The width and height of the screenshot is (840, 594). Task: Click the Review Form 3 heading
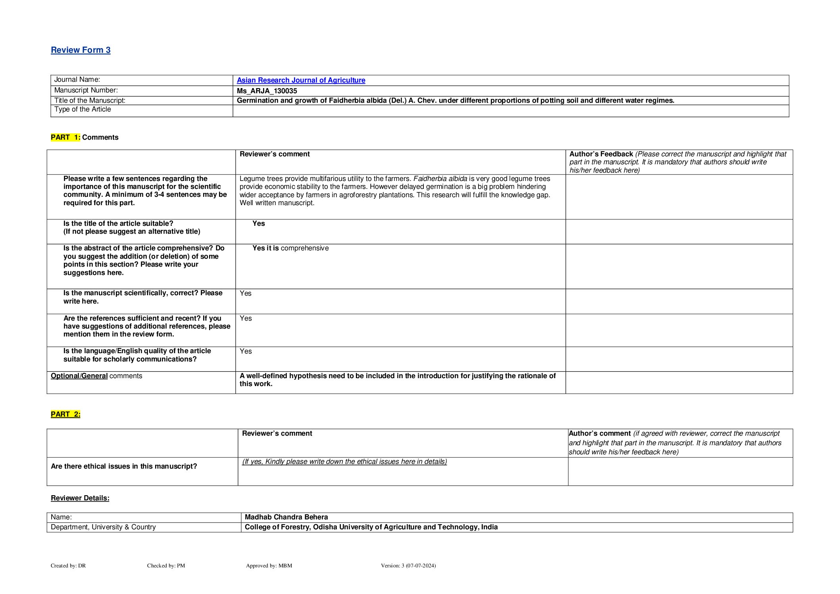point(81,50)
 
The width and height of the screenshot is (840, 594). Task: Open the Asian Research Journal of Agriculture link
point(301,80)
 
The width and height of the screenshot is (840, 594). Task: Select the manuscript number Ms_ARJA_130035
point(267,91)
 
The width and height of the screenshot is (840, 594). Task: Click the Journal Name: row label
point(77,80)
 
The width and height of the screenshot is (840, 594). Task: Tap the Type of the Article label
point(83,110)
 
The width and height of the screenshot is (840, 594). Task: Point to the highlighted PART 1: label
point(65,137)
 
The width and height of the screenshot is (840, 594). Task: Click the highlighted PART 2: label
point(65,414)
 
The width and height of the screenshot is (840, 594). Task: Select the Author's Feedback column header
point(601,154)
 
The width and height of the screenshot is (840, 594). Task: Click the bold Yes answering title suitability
point(258,224)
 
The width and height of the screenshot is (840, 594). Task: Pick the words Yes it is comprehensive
point(290,248)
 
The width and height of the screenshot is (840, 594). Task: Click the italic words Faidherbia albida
point(440,179)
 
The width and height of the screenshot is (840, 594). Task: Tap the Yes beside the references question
point(246,319)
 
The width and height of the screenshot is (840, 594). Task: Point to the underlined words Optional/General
point(79,376)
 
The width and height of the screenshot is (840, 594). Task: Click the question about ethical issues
point(124,466)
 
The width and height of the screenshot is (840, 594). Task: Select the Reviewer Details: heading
point(80,498)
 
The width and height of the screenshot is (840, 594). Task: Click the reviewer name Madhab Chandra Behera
point(286,517)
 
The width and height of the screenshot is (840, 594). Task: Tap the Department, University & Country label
point(103,527)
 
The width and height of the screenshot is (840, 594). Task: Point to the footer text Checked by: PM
point(166,566)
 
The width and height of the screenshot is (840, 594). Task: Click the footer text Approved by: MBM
point(269,566)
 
